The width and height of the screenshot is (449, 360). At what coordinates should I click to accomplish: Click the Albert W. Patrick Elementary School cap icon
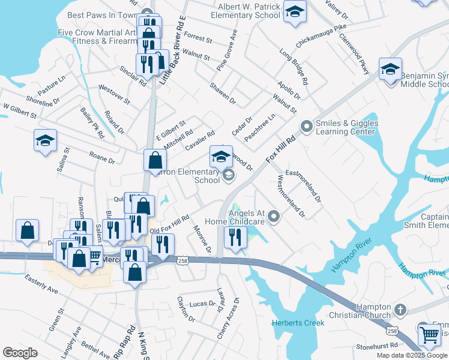click(294, 12)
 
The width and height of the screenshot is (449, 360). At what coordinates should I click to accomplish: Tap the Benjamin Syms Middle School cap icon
click(390, 70)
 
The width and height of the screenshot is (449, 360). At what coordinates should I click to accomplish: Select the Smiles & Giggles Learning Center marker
click(307, 127)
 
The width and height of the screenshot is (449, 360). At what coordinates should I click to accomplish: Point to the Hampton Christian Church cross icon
click(400, 310)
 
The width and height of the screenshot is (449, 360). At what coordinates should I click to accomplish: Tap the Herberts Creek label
click(298, 323)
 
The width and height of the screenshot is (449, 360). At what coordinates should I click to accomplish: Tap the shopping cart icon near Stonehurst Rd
click(429, 335)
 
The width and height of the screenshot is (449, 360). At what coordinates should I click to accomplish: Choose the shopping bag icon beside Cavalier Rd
click(155, 161)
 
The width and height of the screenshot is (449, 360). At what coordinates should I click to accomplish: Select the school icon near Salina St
click(45, 141)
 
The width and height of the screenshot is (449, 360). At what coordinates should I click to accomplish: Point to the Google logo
click(20, 353)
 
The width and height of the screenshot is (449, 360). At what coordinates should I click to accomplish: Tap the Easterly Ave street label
click(41, 284)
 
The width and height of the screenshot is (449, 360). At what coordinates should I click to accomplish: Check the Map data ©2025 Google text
click(412, 355)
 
